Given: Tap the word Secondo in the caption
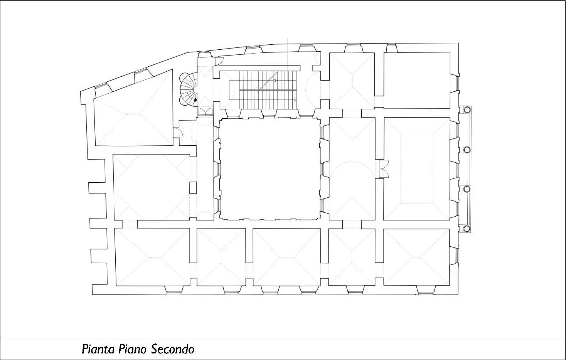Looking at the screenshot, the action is pyautogui.click(x=173, y=349).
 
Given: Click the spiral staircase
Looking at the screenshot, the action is pyautogui.click(x=188, y=89).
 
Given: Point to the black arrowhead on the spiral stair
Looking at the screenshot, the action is pyautogui.click(x=195, y=99).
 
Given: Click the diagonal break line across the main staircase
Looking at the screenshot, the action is pyautogui.click(x=269, y=80).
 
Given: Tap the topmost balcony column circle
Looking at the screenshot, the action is pyautogui.click(x=467, y=110).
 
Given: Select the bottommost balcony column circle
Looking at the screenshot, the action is pyautogui.click(x=467, y=229).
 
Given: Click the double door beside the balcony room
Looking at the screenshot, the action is pyautogui.click(x=384, y=169).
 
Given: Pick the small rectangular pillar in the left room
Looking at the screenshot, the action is pyautogui.click(x=193, y=188).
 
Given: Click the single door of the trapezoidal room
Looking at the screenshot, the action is pyautogui.click(x=177, y=132).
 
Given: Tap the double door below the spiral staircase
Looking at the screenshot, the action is pyautogui.click(x=205, y=111).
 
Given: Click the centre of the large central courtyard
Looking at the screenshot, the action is pyautogui.click(x=270, y=169).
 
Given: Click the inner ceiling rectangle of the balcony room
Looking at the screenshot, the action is pyautogui.click(x=417, y=169).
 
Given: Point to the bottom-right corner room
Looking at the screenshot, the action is pyautogui.click(x=416, y=257).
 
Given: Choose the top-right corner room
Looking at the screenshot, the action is pyautogui.click(x=417, y=80).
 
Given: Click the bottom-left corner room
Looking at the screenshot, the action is pyautogui.click(x=152, y=257).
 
